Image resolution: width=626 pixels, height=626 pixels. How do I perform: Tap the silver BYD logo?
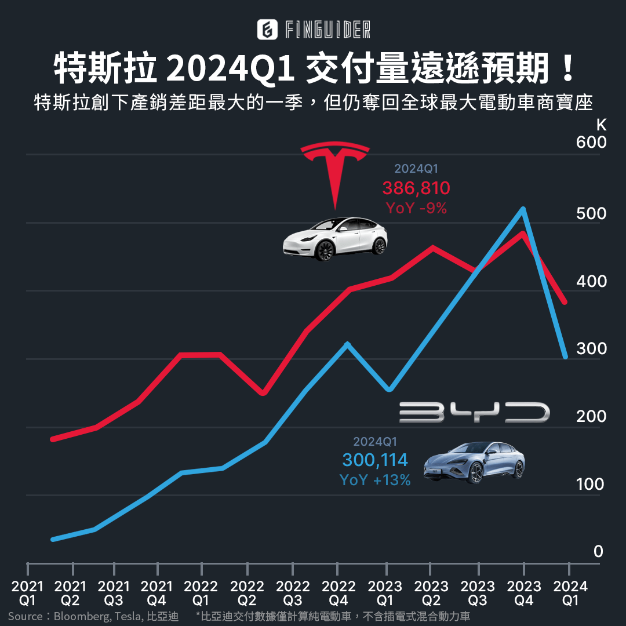pos(474,412)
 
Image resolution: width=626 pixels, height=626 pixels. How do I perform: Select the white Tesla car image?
pos(335,239)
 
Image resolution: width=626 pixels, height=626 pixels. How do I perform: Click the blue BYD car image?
pos(474,462)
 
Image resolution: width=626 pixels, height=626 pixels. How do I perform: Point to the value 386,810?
pos(416,188)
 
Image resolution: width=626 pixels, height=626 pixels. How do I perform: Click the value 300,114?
pos(375,460)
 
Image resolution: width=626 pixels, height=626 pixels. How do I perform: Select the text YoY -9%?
pos(416,208)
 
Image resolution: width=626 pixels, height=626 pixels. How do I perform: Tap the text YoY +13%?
pos(375,480)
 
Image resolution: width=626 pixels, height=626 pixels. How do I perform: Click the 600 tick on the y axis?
pos(591,143)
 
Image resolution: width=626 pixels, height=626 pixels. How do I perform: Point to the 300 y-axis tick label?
pos(591,349)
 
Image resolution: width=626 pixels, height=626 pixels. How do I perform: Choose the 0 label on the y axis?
pos(598,552)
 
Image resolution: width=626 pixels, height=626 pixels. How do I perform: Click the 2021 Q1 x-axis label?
pos(27,593)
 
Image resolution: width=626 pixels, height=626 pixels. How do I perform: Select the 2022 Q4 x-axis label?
pos(339,593)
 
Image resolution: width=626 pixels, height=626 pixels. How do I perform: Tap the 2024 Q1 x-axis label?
pos(571,593)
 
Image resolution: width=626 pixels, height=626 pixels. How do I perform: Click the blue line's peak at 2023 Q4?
pos(523,209)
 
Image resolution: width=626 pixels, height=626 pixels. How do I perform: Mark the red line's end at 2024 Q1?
pos(565,302)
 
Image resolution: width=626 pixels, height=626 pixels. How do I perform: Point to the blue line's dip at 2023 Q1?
pos(389,390)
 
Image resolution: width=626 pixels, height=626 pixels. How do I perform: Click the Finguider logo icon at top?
pos(267,30)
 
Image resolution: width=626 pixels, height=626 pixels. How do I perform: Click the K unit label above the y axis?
pos(601,125)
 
